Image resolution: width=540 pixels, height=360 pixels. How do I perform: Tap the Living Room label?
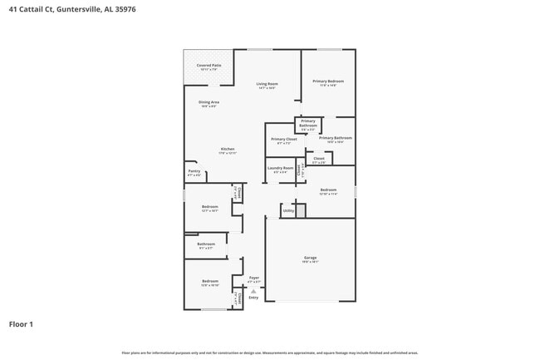point(267,85)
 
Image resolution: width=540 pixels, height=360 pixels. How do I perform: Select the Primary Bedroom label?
point(328,82)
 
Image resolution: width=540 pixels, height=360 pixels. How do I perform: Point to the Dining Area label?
point(209,103)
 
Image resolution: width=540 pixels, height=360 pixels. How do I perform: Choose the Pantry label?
point(194,173)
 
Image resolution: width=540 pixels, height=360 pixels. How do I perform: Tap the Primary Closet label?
point(285,141)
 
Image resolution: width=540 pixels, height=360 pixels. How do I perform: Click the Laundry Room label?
point(281,170)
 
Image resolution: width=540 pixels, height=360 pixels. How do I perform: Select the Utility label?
point(288,211)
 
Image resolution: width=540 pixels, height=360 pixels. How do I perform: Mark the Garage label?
point(311,259)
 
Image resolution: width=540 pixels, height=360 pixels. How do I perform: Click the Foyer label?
point(254,279)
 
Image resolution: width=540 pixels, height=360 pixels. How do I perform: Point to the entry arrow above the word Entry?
point(254,291)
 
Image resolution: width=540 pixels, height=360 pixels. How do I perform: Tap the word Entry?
point(254,298)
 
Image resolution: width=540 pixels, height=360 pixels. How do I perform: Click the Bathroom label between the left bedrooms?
point(206,245)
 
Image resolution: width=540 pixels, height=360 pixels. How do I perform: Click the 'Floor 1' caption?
point(21,323)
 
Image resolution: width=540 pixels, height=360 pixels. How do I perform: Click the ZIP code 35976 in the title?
point(125,9)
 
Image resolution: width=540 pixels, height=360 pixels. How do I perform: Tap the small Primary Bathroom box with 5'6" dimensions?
point(308,126)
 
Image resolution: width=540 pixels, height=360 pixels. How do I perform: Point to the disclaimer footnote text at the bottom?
point(270,353)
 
